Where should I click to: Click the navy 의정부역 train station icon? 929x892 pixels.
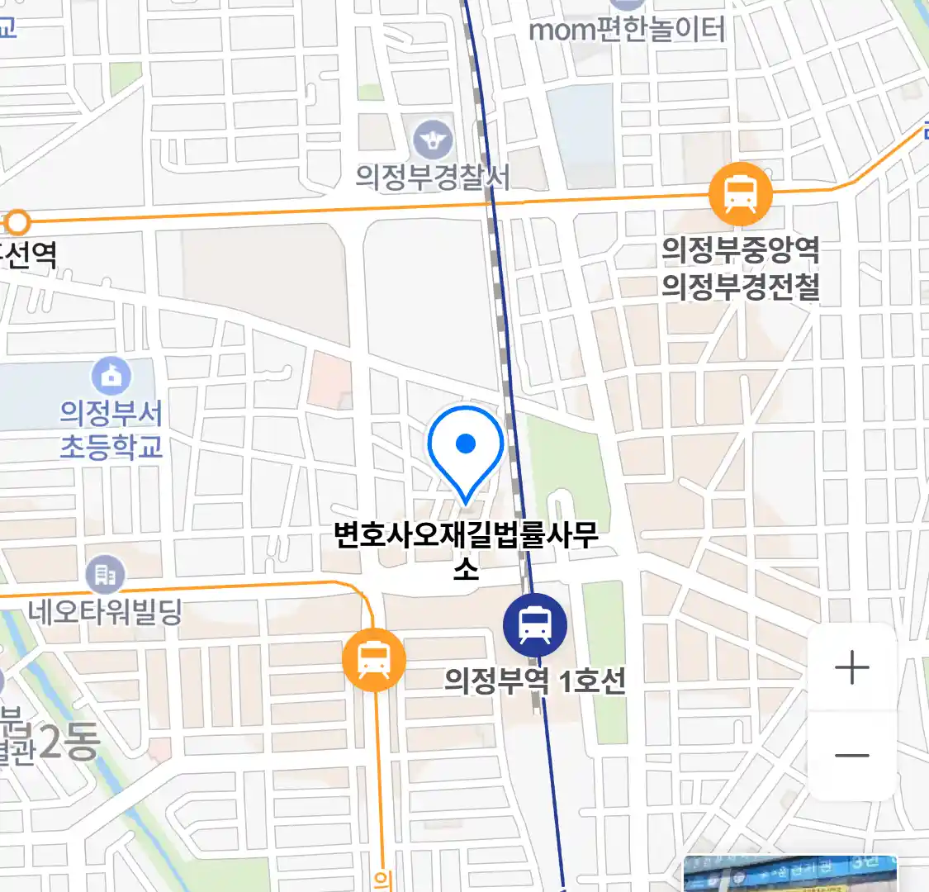pyautogui.click(x=535, y=625)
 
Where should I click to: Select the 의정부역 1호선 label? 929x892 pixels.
pyautogui.click(x=534, y=681)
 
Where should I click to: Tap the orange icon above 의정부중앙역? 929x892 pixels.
pyautogui.click(x=741, y=193)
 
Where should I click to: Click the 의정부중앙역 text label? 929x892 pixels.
pyautogui.click(x=741, y=249)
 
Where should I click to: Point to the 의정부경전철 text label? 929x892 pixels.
pyautogui.click(x=741, y=287)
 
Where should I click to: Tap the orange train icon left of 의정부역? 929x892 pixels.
pyautogui.click(x=374, y=659)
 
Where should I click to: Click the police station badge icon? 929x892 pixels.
pyautogui.click(x=433, y=140)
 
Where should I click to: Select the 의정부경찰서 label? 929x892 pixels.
pyautogui.click(x=433, y=177)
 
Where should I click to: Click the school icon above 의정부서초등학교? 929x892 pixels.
pyautogui.click(x=111, y=377)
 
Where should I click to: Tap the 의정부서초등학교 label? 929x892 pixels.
pyautogui.click(x=111, y=429)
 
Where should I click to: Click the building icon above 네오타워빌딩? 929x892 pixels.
pyautogui.click(x=106, y=575)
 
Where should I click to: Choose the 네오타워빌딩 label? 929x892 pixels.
pyautogui.click(x=105, y=612)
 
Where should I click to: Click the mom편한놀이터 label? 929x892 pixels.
pyautogui.click(x=627, y=31)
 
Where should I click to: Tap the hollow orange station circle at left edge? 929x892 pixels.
pyautogui.click(x=17, y=222)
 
